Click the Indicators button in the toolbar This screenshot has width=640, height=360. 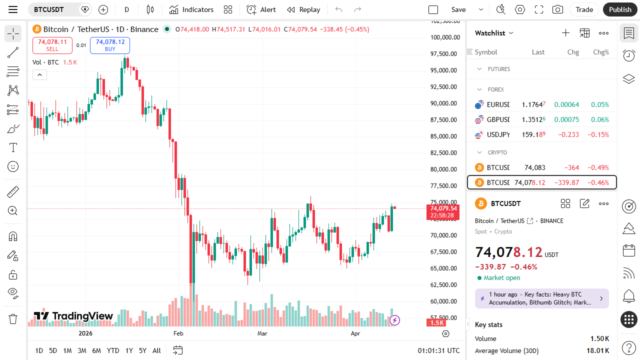(191, 9)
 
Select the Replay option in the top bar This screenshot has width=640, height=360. (303, 9)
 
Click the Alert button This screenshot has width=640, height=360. (261, 9)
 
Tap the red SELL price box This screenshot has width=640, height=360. (52, 45)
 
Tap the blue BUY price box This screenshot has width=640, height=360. (110, 45)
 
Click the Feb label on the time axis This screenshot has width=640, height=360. (178, 333)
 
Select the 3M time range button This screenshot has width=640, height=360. (82, 350)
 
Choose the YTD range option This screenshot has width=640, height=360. (113, 350)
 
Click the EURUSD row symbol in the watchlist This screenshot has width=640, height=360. (497, 104)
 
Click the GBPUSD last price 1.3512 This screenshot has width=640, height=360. (533, 119)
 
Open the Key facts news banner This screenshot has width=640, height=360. (541, 298)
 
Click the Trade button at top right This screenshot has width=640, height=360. (584, 9)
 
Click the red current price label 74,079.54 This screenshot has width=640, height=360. (442, 208)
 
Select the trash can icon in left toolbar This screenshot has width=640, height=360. (13, 318)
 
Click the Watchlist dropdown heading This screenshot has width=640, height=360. (494, 33)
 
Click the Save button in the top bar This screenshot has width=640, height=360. (458, 9)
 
